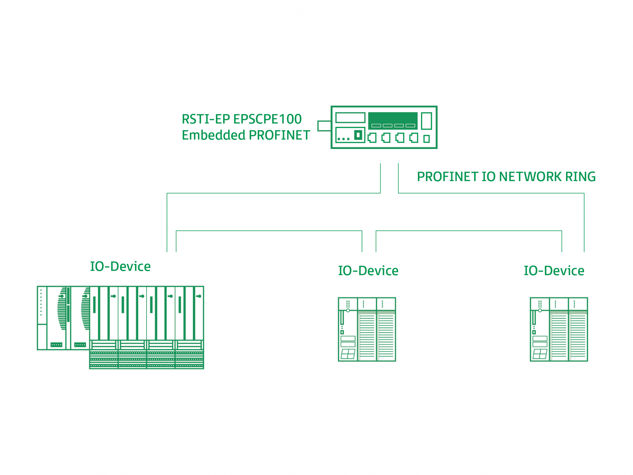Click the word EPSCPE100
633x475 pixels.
coord(267,119)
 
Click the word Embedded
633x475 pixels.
coord(214,135)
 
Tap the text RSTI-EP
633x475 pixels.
coord(206,119)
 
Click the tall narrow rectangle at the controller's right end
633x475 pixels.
coord(426,121)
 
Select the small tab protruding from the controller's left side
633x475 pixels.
coord(324,126)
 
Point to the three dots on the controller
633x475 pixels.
coord(343,139)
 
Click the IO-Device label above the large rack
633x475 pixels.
coord(120,266)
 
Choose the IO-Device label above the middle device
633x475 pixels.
coord(368,271)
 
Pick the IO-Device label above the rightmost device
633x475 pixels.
coord(554,271)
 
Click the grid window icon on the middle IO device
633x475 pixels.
coord(348,354)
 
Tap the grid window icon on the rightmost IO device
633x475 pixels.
coord(540,354)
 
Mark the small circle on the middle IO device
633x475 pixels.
coord(348,310)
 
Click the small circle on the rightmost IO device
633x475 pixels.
coord(540,310)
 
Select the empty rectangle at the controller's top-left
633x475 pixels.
coord(350,118)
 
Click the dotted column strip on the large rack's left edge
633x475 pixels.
coord(41,304)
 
